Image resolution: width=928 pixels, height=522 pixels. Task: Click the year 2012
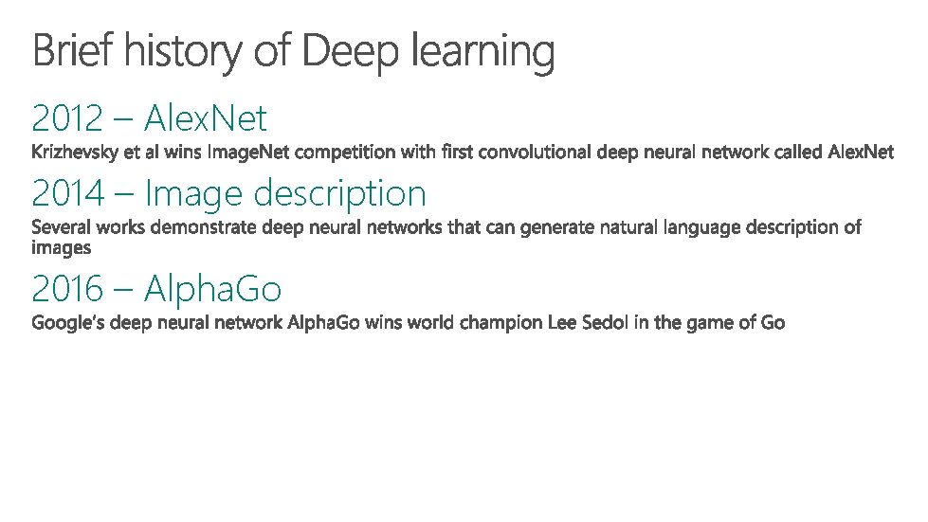tap(66, 119)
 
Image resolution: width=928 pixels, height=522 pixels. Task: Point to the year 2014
tap(67, 193)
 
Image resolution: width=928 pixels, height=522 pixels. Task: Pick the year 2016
tap(67, 287)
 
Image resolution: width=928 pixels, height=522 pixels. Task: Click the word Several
tap(60, 227)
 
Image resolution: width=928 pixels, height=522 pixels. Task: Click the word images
tap(62, 247)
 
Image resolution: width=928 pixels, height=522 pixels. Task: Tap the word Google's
tap(67, 323)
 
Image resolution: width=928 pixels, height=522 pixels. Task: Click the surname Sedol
tap(604, 322)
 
